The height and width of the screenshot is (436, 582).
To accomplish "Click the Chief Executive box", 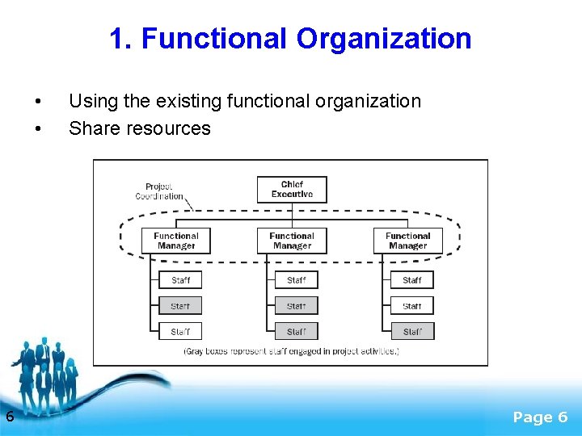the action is (x=292, y=189).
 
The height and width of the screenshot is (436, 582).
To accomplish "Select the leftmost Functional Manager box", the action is (x=176, y=241).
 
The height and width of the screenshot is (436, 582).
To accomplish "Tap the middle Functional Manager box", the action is (x=292, y=241).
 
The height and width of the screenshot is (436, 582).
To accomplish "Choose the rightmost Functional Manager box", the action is (x=407, y=241).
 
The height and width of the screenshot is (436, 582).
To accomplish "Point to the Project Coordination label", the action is (x=159, y=191).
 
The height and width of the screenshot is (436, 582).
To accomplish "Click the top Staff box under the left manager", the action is (x=180, y=280).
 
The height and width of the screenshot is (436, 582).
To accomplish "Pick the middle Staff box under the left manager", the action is (x=180, y=306).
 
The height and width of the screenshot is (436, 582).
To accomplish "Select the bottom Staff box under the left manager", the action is (x=180, y=331).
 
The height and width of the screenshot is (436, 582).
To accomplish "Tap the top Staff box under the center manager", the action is (x=297, y=280).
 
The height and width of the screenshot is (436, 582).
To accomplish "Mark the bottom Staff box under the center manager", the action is (x=297, y=331).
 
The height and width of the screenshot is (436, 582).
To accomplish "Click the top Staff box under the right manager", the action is (x=412, y=280).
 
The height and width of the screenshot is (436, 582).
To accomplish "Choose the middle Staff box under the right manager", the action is (x=412, y=306).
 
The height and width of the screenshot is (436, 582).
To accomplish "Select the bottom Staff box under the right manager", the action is (x=412, y=331).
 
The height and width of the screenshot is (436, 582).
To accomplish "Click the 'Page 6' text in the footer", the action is (x=541, y=417).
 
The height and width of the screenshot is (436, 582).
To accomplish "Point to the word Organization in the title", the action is (x=384, y=39).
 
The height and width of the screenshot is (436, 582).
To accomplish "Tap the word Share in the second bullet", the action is (x=95, y=128).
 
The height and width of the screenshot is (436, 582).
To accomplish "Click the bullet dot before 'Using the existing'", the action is (x=38, y=102).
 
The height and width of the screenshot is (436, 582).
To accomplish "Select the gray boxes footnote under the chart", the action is (x=291, y=351).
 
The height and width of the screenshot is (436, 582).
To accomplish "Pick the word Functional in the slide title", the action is (x=212, y=39).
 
